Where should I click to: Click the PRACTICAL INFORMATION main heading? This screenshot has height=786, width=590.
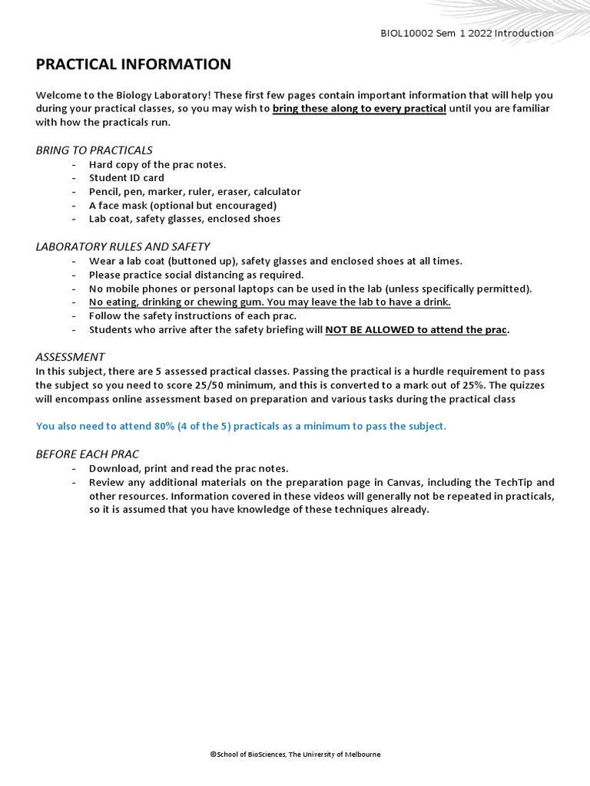133,64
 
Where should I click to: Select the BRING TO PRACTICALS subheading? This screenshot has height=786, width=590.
94,150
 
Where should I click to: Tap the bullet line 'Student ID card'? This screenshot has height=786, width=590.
127,178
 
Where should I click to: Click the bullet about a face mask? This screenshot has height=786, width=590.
183,205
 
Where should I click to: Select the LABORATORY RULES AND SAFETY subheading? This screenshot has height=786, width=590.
122,246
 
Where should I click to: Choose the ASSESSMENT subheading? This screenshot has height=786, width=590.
70,357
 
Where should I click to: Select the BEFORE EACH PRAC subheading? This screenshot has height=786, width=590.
87,454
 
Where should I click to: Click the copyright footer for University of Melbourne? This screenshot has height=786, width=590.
295,755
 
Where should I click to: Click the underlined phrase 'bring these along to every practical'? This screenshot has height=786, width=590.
359,108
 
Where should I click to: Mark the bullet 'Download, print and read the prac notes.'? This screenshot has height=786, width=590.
189,468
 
